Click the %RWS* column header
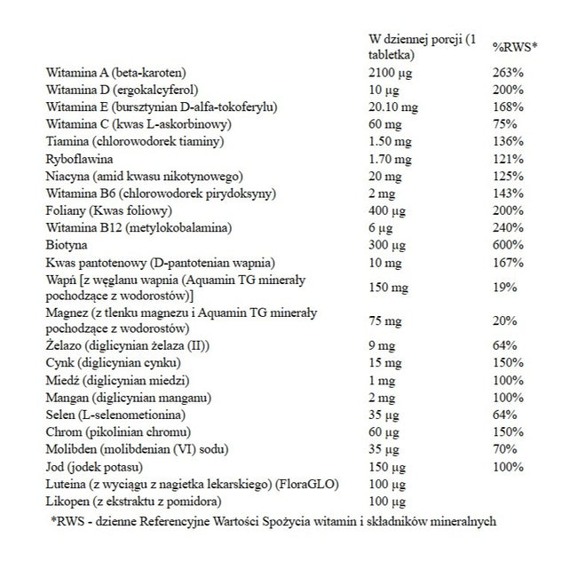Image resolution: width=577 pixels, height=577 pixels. point(515,48)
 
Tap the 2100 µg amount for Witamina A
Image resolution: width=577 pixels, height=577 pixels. point(391,72)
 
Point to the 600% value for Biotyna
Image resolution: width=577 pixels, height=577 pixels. point(508,244)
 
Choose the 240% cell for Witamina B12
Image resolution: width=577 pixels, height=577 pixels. point(508,227)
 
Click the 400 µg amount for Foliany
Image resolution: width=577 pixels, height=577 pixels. point(388,210)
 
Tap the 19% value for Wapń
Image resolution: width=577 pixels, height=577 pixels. point(504,288)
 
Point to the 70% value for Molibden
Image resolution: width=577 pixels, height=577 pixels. point(504,448)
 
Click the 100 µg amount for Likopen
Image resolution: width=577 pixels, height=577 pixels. point(388,501)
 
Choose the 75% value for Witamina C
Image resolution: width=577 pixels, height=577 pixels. point(504,123)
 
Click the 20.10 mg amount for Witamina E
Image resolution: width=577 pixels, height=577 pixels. point(393,107)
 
